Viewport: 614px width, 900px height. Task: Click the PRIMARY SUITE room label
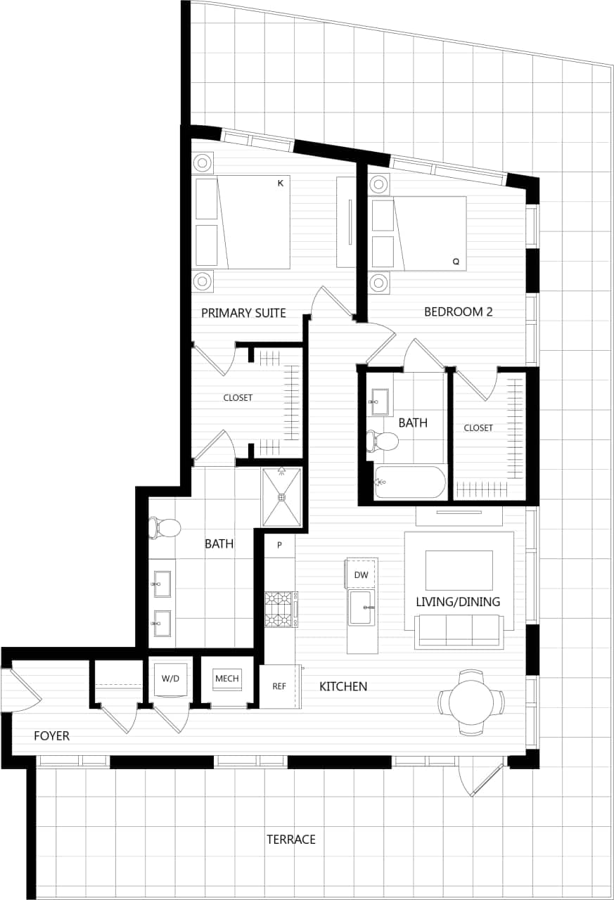pyautogui.click(x=243, y=313)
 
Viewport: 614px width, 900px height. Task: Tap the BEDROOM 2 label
pyautogui.click(x=458, y=311)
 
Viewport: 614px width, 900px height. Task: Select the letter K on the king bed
pyautogui.click(x=280, y=184)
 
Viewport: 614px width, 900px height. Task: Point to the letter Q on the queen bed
pyautogui.click(x=456, y=262)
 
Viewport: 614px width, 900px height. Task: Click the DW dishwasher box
pyautogui.click(x=362, y=575)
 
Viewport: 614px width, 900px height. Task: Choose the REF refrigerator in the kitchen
pyautogui.click(x=279, y=686)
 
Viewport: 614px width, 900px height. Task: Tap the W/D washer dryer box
pyautogui.click(x=171, y=679)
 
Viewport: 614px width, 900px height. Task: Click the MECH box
pyautogui.click(x=227, y=679)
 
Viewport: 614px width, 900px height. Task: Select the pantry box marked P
pyautogui.click(x=279, y=546)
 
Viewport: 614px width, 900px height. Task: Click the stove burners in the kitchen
pyautogui.click(x=279, y=609)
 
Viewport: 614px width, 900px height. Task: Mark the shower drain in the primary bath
pyautogui.click(x=281, y=497)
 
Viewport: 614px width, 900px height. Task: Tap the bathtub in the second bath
pyautogui.click(x=410, y=482)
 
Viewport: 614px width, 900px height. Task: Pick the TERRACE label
pyautogui.click(x=290, y=840)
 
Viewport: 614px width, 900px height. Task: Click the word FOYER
pyautogui.click(x=51, y=736)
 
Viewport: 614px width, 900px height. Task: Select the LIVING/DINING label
pyautogui.click(x=458, y=602)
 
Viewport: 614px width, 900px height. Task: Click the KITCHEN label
pyautogui.click(x=343, y=686)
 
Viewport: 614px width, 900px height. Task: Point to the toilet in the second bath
pyautogui.click(x=383, y=442)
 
